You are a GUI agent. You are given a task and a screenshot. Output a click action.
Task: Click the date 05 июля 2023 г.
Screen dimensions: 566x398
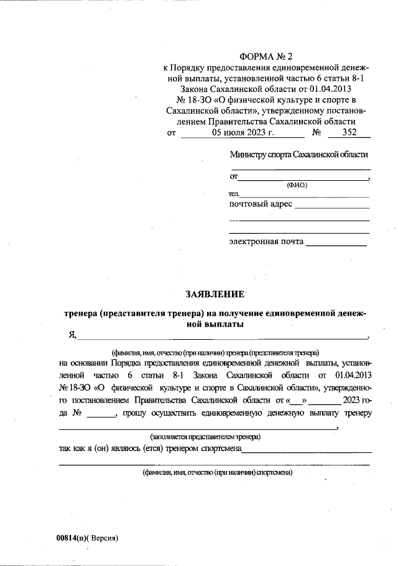click(x=242, y=132)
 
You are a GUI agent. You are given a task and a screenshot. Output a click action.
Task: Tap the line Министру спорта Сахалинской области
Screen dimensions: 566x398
click(x=298, y=154)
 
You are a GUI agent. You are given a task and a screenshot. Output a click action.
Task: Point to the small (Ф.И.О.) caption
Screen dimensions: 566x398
click(x=297, y=185)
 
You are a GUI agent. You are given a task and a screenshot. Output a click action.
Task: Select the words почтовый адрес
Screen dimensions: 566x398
click(x=261, y=204)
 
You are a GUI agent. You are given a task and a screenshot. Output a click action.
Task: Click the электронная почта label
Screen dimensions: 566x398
click(x=266, y=241)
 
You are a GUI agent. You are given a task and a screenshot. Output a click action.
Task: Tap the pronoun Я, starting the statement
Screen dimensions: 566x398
click(x=72, y=335)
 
